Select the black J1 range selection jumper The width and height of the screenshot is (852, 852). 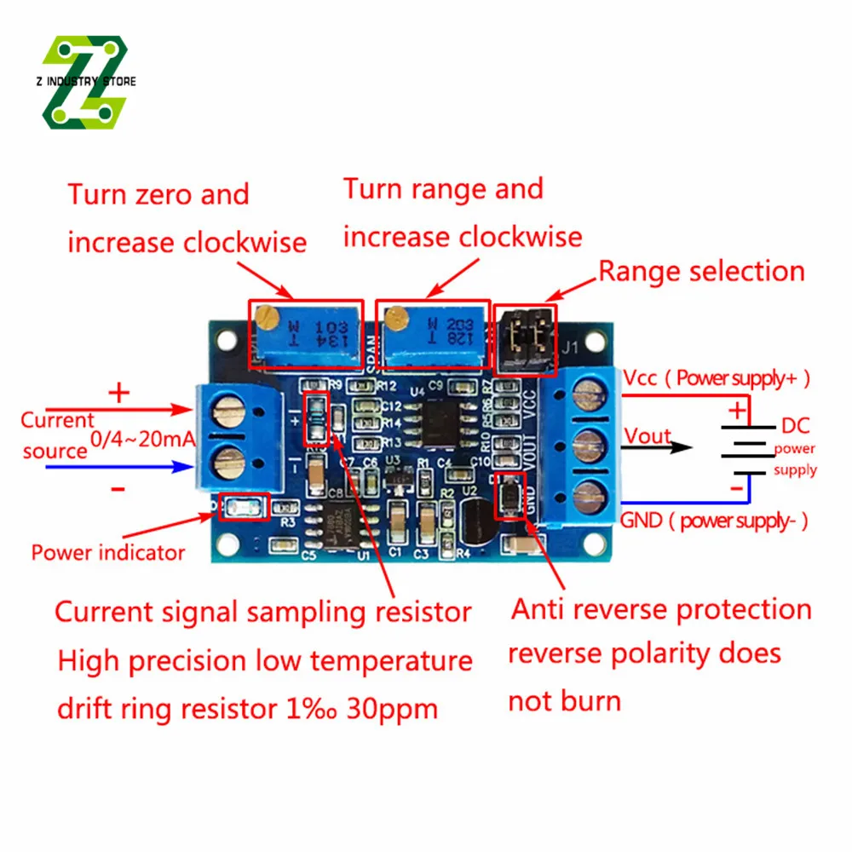pos(525,339)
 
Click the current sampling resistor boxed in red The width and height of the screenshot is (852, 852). pos(315,418)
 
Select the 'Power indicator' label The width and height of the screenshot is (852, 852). pos(108,552)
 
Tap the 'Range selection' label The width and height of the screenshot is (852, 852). pos(701,272)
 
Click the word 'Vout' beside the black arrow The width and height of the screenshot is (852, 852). pos(648,435)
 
